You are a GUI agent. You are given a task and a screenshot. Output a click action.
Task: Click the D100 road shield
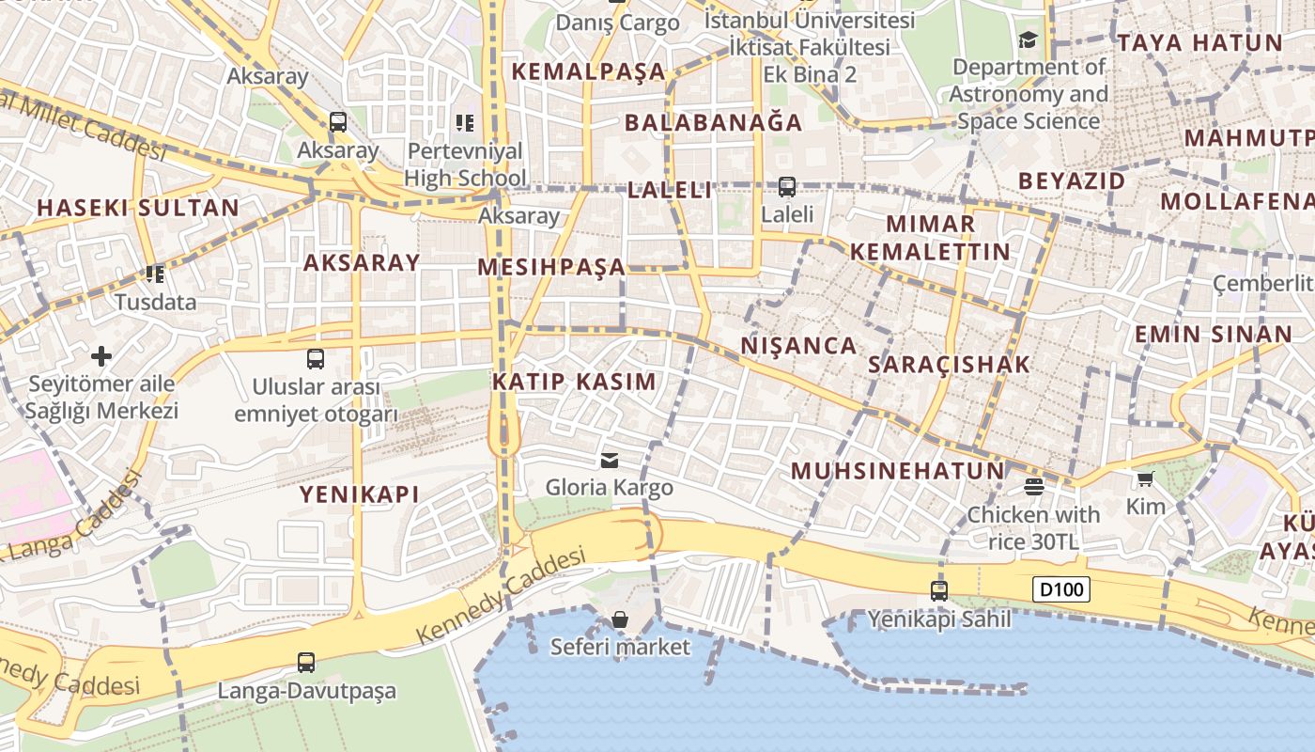(1062, 590)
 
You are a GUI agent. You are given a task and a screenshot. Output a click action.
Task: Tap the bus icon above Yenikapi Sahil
(938, 590)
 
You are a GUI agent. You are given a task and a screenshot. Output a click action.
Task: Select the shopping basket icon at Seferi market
(619, 619)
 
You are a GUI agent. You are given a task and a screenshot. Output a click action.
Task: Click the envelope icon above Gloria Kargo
(609, 460)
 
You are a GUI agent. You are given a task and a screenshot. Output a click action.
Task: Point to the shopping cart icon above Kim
(1145, 479)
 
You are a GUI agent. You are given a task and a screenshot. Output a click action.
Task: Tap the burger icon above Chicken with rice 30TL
(1034, 486)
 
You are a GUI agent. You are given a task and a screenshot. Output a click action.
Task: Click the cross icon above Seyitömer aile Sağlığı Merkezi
(101, 356)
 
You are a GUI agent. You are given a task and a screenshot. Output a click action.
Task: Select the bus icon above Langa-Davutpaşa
(306, 662)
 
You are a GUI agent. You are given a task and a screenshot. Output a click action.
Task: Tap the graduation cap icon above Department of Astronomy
(1028, 39)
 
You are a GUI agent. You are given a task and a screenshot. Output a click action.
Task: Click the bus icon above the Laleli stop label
(786, 187)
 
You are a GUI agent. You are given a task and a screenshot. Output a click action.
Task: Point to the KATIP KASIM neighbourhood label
(574, 382)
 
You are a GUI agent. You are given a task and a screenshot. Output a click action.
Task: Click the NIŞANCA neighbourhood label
(798, 346)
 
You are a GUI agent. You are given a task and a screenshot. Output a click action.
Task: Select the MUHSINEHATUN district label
(897, 471)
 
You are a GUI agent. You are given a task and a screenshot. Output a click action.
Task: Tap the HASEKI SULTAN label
(138, 208)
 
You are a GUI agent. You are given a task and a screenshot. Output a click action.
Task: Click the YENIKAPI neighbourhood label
(359, 494)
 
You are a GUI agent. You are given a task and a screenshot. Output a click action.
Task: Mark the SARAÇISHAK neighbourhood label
(949, 365)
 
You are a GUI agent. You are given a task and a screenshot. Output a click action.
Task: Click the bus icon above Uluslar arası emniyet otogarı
(316, 358)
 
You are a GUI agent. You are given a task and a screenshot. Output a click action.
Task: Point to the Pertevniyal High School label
(465, 164)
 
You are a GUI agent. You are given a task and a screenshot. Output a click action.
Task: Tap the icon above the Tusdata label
(155, 274)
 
